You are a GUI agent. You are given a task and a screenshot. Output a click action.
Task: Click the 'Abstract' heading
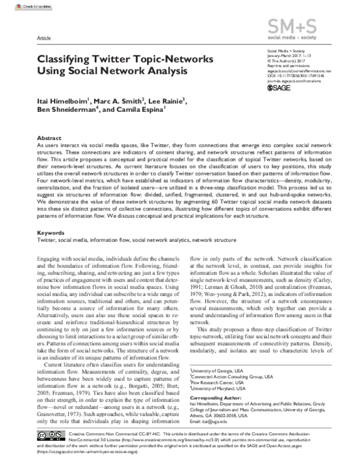(x=49, y=138)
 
